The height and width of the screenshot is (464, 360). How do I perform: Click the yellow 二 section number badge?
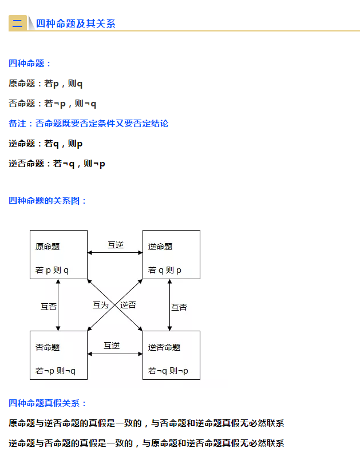tap(18, 23)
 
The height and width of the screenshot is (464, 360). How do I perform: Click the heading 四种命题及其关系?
tap(76, 23)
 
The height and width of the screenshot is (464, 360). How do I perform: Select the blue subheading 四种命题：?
tap(30, 64)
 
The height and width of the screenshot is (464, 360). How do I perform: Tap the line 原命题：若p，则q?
tap(46, 84)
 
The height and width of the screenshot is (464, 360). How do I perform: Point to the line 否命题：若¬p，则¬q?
tap(53, 104)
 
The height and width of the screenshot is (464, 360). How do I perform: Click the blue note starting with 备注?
tap(89, 124)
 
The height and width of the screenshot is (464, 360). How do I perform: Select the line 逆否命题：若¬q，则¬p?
tap(57, 164)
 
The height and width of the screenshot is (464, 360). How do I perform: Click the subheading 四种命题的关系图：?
tap(48, 201)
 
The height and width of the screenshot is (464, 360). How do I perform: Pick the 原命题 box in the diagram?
tap(58, 255)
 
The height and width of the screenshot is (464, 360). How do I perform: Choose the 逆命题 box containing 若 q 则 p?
tap(171, 255)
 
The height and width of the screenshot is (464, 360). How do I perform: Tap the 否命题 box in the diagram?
tap(58, 355)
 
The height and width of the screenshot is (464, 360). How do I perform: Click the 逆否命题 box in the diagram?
tap(171, 355)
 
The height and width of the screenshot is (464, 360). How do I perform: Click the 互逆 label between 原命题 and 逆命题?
tap(116, 245)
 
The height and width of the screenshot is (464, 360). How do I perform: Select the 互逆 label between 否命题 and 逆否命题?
tap(112, 346)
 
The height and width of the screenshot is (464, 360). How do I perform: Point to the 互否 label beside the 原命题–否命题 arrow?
tap(49, 307)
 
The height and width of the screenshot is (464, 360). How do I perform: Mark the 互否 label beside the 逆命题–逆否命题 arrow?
tap(179, 307)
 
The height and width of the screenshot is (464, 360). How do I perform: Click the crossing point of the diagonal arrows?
tap(115, 305)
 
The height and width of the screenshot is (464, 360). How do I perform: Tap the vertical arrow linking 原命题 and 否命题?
tap(58, 305)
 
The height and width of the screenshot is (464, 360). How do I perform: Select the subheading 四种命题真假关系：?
tap(48, 403)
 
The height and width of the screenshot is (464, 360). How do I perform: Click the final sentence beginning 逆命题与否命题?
tap(147, 443)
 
